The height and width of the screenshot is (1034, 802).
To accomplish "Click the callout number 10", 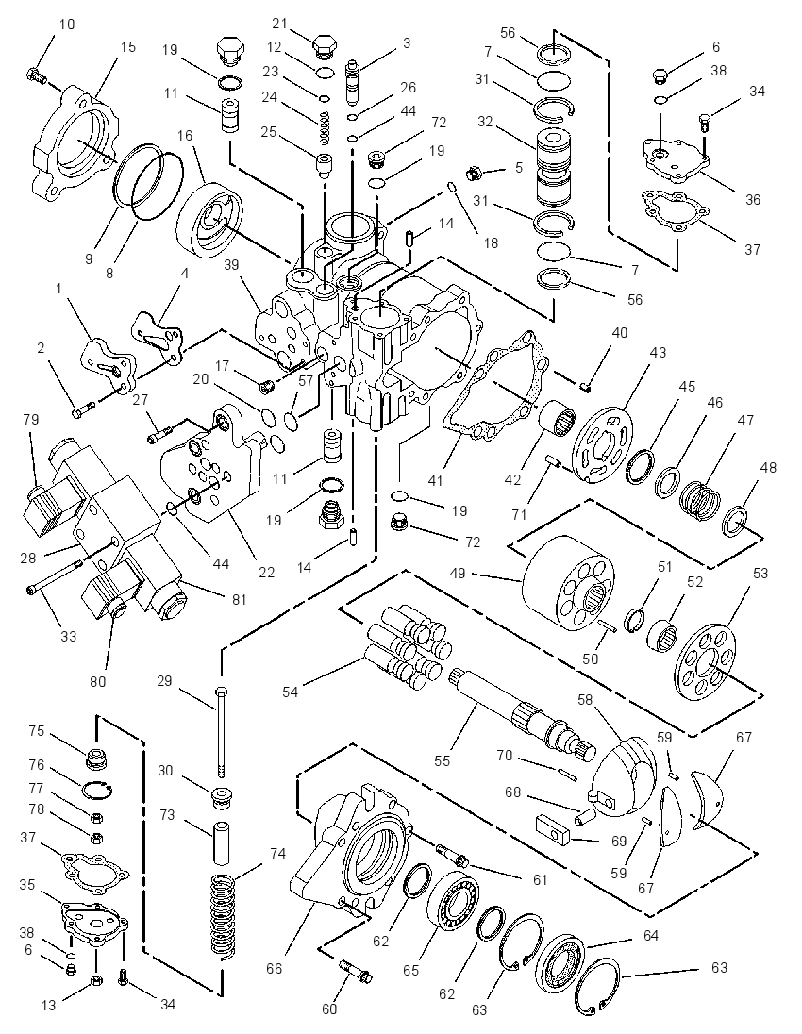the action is point(67,25).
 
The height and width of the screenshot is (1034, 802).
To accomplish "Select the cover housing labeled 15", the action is point(75,145).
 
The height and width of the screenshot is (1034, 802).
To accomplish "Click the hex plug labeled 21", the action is point(323,47).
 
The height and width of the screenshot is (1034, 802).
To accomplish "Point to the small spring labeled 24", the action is point(324,128).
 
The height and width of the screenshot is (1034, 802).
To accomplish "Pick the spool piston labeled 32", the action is point(554,168).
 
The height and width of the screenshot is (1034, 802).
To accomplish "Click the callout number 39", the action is point(231,265).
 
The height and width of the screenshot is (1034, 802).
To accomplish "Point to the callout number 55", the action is point(442,760).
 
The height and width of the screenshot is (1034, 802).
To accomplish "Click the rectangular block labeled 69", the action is point(553,829).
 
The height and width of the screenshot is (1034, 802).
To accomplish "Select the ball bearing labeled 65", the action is point(454,903).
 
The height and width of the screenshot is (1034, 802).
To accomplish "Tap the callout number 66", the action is point(274,968).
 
